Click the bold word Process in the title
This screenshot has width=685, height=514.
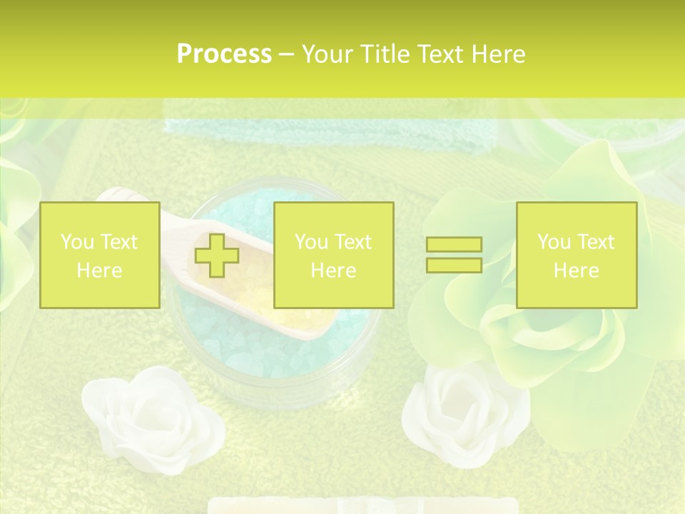click(x=224, y=54)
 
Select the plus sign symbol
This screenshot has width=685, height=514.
click(x=218, y=256)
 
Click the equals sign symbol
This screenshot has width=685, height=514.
click(x=454, y=255)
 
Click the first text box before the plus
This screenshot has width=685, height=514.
click(x=99, y=255)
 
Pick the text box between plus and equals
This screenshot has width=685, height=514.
click(x=333, y=255)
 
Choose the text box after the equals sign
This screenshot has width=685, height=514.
click(x=576, y=255)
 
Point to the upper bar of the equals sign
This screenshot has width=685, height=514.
click(x=454, y=245)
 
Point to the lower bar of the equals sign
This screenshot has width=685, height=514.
click(x=454, y=265)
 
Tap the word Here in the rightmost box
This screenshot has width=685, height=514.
click(x=576, y=271)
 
